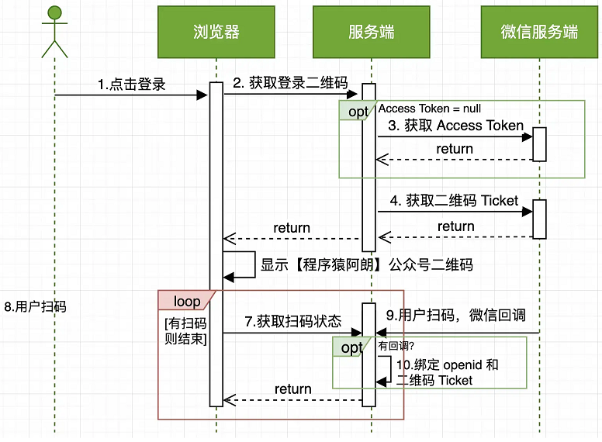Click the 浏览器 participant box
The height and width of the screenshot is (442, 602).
pos(216,32)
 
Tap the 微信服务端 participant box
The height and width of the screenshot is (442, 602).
pos(539,32)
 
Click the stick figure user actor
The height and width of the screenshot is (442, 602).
pos(54,31)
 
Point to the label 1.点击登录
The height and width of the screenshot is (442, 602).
pos(132,85)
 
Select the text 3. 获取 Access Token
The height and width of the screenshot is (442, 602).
pos(456,126)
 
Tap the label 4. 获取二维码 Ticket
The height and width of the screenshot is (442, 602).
pos(454,201)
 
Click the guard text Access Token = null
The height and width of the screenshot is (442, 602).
pos(430,109)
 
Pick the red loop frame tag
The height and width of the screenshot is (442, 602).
pos(187,301)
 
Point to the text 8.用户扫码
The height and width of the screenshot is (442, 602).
pos(35,307)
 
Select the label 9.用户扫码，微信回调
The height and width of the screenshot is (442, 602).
pos(456,315)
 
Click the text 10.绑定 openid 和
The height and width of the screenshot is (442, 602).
pos(448,364)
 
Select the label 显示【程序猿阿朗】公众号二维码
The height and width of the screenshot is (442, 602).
pos(367,264)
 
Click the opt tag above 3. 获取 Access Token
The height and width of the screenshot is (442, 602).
pos(358,112)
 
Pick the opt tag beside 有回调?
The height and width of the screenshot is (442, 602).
pos(351,347)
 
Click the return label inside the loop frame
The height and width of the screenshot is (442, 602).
pos(293,389)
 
